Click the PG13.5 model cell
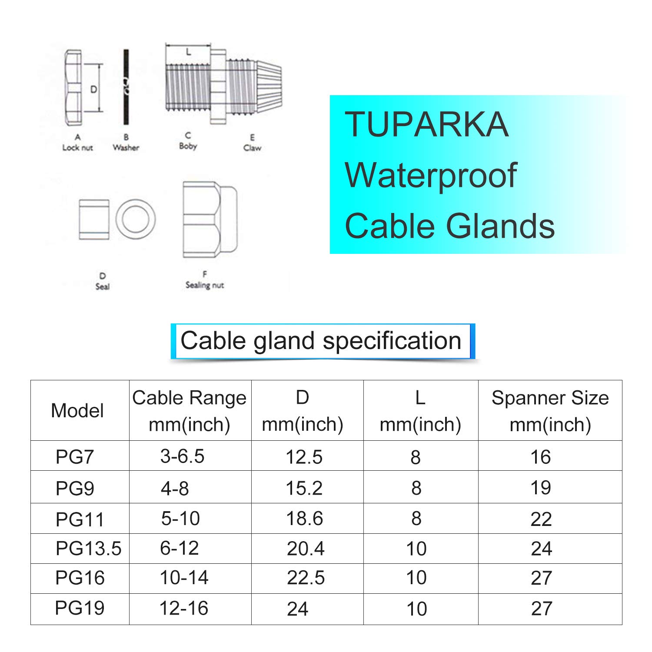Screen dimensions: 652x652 click(x=88, y=549)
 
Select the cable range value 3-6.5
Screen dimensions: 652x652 click(x=182, y=456)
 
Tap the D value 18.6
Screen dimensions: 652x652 click(x=304, y=519)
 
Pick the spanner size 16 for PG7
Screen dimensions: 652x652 click(x=541, y=457)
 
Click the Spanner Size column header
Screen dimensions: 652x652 click(x=550, y=411)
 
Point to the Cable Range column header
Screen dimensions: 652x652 click(x=190, y=411)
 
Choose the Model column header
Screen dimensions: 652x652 click(x=77, y=411)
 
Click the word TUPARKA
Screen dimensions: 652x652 click(x=426, y=124)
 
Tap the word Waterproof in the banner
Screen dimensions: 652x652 click(x=430, y=175)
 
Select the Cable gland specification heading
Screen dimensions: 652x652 click(x=321, y=340)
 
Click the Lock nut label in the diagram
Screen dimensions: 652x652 click(x=77, y=147)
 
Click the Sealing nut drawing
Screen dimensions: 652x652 click(x=210, y=220)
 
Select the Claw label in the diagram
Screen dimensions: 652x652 click(x=252, y=148)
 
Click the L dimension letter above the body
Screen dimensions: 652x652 click(x=188, y=52)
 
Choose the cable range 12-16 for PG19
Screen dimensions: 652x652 click(x=184, y=608)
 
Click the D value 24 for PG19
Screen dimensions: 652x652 click(x=297, y=609)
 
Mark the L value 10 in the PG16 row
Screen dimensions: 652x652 click(x=416, y=578)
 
